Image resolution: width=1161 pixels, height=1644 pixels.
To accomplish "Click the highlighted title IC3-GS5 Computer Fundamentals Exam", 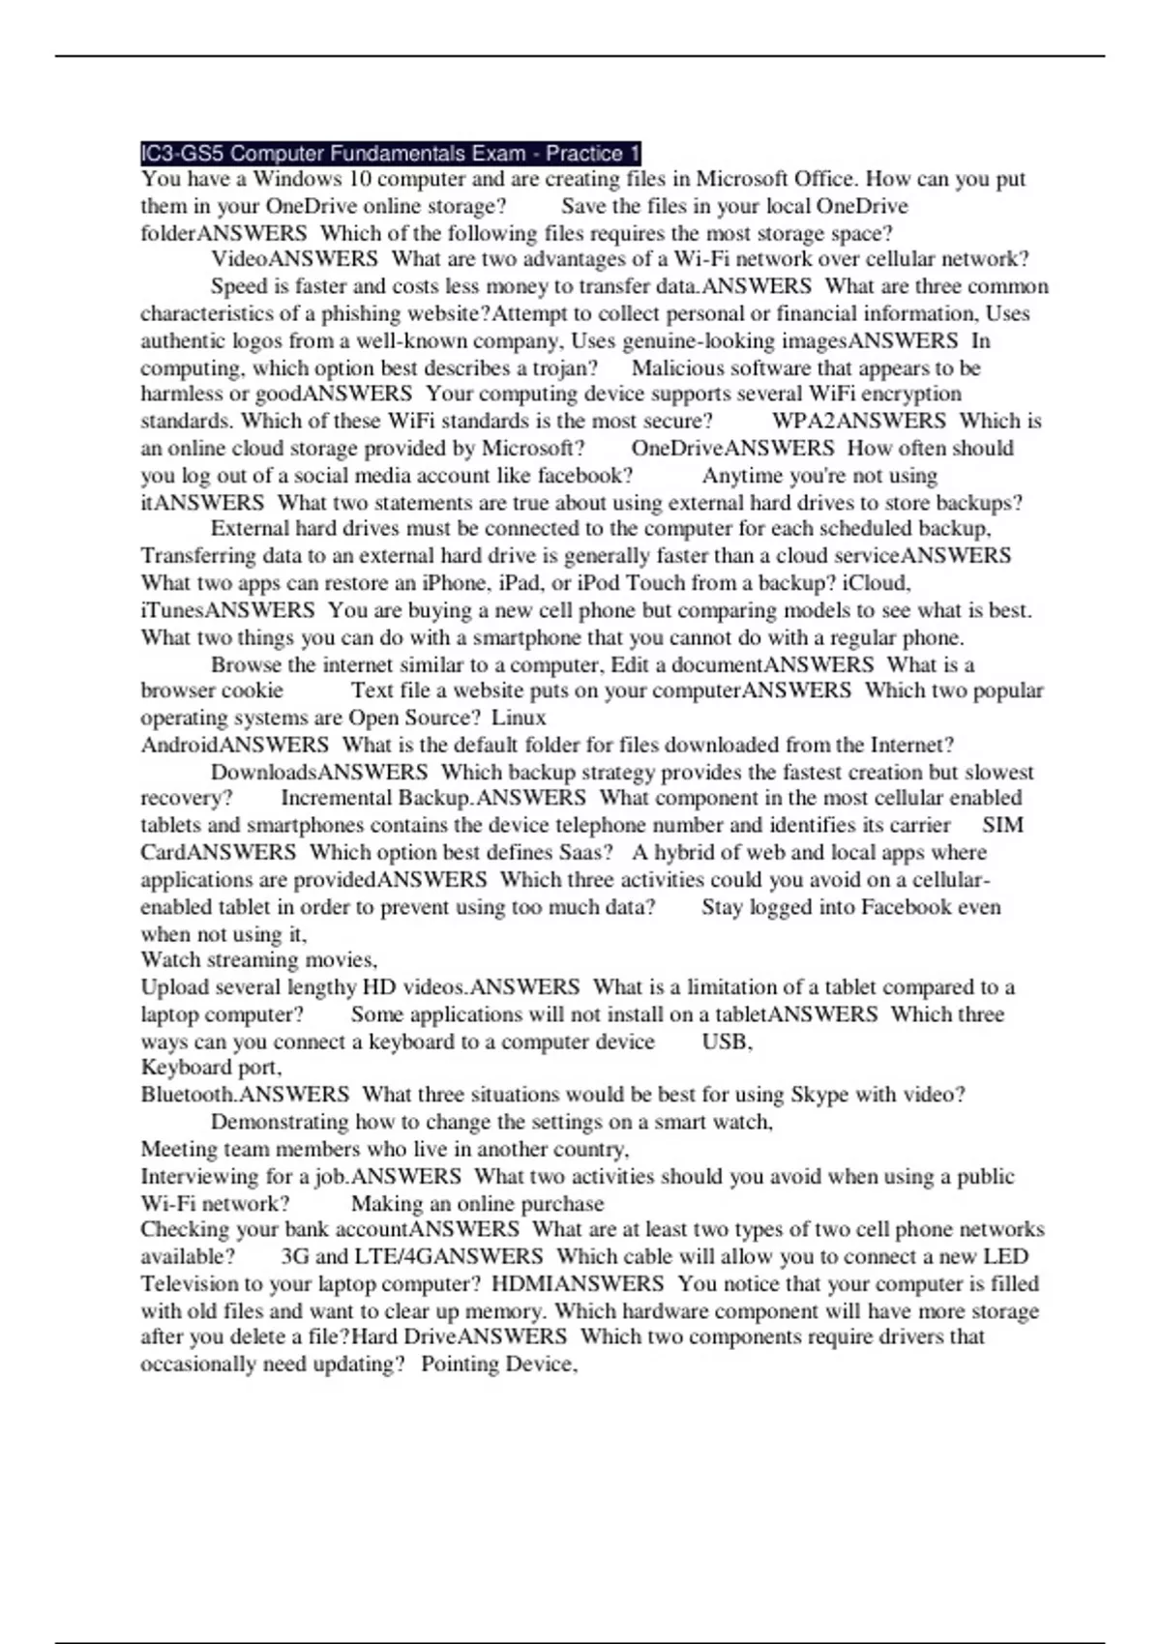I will [390, 153].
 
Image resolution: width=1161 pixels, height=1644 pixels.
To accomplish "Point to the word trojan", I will [565, 367].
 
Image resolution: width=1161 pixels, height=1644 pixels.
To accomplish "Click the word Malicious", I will [678, 367].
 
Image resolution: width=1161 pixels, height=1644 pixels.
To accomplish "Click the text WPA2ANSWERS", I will [858, 421].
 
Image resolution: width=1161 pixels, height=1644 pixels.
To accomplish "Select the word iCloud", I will [877, 582].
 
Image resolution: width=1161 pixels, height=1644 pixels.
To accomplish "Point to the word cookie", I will [253, 690].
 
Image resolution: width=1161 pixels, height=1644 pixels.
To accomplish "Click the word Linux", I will [519, 718].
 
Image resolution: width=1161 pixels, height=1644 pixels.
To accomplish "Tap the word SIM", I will [1002, 825].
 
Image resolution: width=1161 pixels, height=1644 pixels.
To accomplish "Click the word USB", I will [726, 1042].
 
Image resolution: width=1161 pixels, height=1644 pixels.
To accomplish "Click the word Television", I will [191, 1284].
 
